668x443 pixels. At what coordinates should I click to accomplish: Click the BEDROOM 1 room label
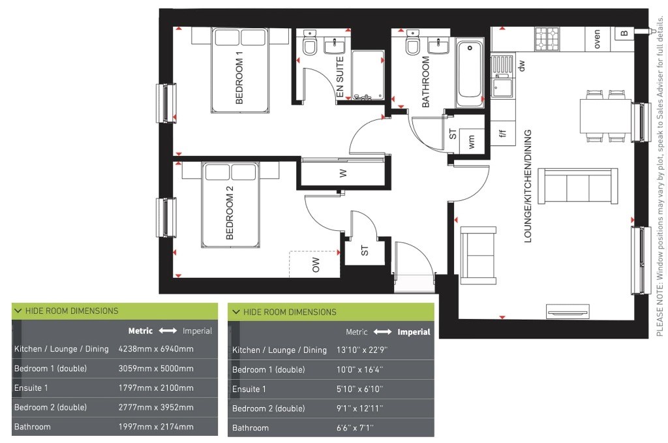point(239,78)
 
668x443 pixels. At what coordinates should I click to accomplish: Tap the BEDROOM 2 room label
point(229,212)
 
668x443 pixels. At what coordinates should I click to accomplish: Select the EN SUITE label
point(339,77)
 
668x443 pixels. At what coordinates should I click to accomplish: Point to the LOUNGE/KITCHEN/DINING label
point(527,186)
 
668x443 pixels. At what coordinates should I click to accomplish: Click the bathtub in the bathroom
point(470,73)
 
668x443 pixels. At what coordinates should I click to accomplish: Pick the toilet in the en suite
point(309,42)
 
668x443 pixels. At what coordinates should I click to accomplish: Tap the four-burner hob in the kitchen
point(547,38)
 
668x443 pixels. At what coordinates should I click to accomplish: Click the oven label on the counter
point(596,38)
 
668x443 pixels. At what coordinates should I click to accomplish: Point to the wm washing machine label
point(471,142)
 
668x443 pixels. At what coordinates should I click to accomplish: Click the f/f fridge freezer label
point(503,133)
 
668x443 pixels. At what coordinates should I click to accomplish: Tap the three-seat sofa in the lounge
point(578,186)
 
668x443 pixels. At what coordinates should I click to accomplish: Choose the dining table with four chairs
point(605,116)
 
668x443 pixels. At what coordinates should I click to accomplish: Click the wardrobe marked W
point(343,172)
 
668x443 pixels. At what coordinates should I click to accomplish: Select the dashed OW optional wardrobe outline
point(314,264)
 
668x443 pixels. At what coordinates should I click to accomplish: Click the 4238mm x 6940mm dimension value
point(156,349)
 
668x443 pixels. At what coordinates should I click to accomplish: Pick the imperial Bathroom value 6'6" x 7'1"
point(355,427)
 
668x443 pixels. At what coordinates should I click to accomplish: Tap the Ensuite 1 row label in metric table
point(31,388)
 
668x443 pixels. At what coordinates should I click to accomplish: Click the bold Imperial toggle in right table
point(414,332)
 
